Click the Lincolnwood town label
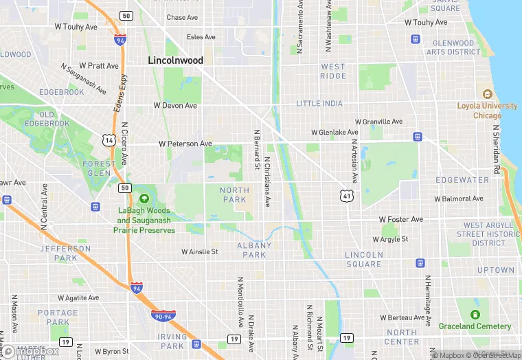(x=176, y=60)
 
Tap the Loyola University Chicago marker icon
(x=488, y=93)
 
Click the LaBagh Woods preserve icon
(x=143, y=199)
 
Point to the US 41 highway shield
(x=349, y=196)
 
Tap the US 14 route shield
(x=108, y=140)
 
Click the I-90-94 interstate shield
(x=163, y=315)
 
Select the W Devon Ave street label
(x=175, y=106)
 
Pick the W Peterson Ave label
(x=185, y=144)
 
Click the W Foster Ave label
(x=401, y=220)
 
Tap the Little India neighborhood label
(x=319, y=104)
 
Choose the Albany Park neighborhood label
(x=254, y=250)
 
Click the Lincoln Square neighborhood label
(x=363, y=259)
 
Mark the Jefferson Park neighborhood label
(x=65, y=254)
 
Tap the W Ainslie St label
(x=199, y=252)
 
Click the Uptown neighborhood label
(x=495, y=270)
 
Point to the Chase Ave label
(x=181, y=18)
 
